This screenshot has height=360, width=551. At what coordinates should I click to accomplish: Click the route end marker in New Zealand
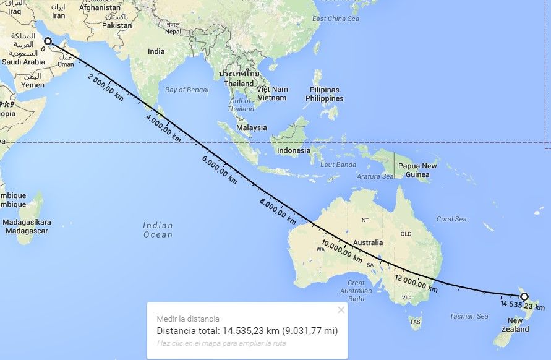(x=524, y=296)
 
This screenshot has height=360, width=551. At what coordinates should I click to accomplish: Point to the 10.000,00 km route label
(x=341, y=250)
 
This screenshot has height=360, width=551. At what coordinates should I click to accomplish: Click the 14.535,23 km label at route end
(x=523, y=306)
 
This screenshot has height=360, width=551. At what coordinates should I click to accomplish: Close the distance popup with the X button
(x=341, y=310)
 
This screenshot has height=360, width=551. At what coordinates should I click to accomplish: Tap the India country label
(x=156, y=51)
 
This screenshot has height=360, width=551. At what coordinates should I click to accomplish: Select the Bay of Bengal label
(x=187, y=90)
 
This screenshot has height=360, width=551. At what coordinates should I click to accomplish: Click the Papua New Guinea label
(x=417, y=170)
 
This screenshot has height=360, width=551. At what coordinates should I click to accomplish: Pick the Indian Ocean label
(x=158, y=229)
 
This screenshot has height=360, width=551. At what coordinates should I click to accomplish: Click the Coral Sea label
(x=451, y=219)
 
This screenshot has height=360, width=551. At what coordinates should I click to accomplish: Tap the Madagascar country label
(x=27, y=226)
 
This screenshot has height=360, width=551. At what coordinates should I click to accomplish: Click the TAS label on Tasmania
(x=415, y=322)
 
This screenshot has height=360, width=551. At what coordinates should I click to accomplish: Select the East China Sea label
(x=336, y=19)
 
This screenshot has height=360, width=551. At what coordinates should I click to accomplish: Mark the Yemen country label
(x=33, y=84)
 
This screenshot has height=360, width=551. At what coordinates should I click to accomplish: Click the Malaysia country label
(x=251, y=127)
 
